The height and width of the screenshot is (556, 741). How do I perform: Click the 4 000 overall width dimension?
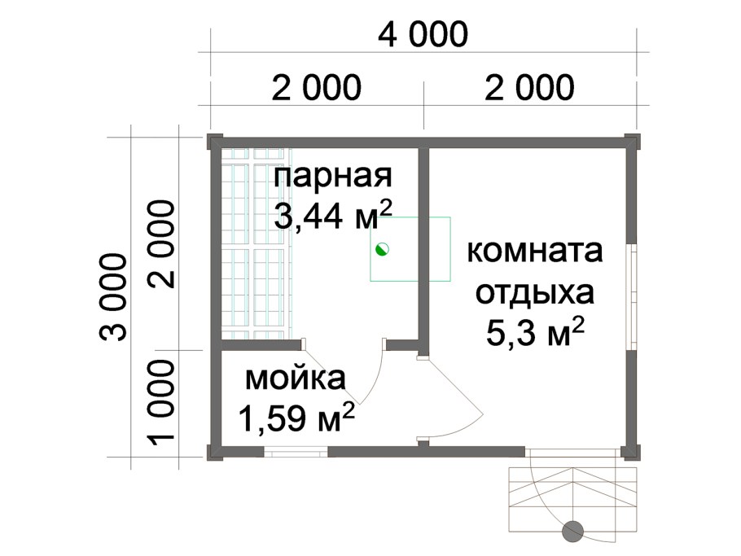[423, 35]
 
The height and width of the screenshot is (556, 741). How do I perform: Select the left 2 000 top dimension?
[317, 86]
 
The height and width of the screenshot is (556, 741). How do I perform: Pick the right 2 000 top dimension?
[530, 86]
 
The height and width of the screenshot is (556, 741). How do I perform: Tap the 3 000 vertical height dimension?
[115, 297]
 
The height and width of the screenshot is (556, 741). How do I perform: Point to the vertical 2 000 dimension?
[162, 244]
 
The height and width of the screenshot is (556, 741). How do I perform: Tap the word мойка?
[296, 379]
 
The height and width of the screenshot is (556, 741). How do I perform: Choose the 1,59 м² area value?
[296, 418]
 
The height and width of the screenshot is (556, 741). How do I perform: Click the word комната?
[534, 252]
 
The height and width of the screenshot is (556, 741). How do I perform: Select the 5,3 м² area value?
[534, 331]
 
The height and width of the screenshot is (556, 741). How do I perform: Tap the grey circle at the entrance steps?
[573, 531]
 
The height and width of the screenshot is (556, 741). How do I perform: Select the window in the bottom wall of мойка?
[297, 451]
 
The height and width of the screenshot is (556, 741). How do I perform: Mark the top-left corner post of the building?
[214, 141]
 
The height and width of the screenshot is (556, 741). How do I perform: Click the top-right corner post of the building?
[633, 141]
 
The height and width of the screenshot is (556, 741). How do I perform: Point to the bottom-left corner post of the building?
[214, 452]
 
